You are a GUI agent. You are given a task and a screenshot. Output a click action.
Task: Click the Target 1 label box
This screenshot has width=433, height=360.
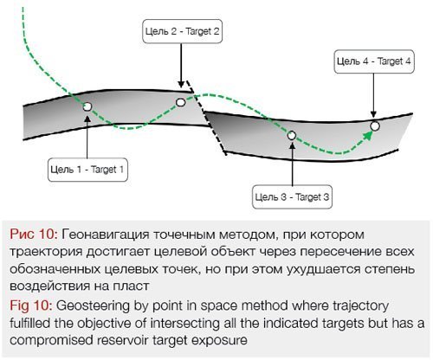coord(87,170)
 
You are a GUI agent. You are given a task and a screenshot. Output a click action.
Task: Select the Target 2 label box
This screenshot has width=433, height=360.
coord(182,31)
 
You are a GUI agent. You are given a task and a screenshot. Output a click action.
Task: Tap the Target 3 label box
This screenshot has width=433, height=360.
coord(292,197)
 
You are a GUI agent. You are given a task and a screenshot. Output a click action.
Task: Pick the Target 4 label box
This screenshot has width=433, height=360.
coord(374,61)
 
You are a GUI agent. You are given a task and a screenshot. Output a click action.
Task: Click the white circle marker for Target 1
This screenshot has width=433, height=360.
coord(87,106)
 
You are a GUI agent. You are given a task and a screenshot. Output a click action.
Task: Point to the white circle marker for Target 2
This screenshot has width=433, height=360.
coord(181,102)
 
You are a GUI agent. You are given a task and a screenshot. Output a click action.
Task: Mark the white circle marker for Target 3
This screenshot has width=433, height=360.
coord(292,135)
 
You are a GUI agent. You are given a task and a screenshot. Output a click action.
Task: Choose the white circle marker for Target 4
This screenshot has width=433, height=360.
coord(375,126)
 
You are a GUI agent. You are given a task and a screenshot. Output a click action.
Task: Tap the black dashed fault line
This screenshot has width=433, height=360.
coord(205,118)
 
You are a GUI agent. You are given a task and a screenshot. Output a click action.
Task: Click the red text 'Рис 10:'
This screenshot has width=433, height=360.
coord(34,235)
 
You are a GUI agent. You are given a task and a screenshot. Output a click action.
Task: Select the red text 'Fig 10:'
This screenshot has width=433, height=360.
coord(31,305)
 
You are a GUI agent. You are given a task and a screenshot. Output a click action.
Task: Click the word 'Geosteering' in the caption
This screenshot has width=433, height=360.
coord(93,306)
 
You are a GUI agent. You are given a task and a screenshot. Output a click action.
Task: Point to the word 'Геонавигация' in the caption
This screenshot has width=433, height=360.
coord(106,235)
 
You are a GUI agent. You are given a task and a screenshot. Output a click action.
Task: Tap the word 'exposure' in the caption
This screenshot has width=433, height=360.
coord(219,341)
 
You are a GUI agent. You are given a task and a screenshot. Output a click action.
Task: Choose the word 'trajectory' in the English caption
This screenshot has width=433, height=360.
coord(361,306)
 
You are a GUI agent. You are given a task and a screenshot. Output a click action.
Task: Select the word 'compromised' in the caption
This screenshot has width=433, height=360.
coord(51,341)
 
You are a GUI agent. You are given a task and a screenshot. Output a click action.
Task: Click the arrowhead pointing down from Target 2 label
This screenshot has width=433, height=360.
coord(181,84)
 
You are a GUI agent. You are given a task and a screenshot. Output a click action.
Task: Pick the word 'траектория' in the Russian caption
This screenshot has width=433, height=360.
coord(46,252)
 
